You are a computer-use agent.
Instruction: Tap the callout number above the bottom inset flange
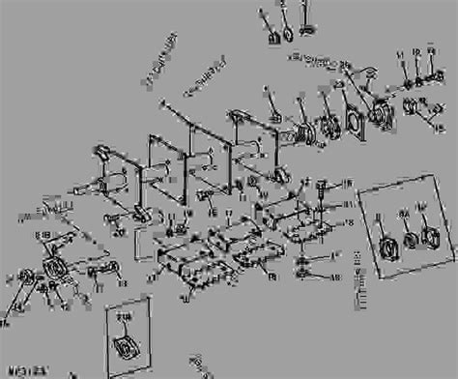(x=124, y=315)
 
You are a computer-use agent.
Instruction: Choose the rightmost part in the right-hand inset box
(x=428, y=236)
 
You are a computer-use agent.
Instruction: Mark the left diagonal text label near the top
(x=159, y=61)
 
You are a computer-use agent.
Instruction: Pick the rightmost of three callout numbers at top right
(x=431, y=53)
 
